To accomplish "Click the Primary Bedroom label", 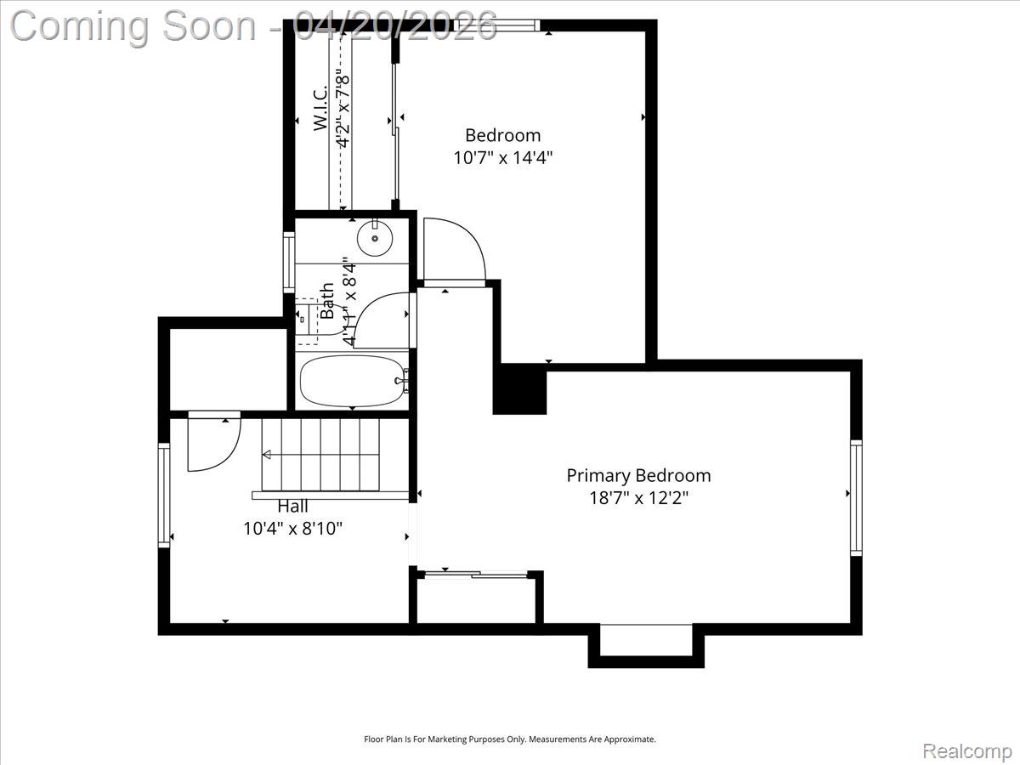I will click(638, 475).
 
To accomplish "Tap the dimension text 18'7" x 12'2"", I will click(638, 497).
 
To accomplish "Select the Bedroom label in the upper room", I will click(502, 134).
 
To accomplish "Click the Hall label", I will click(292, 507).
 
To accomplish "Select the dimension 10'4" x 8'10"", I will click(292, 528).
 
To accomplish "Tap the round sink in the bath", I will click(374, 238).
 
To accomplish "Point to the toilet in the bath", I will click(312, 321).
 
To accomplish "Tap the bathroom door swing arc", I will click(381, 320).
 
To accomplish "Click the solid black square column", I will click(519, 389).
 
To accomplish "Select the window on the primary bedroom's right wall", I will click(856, 497).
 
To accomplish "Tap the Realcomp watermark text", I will click(967, 751).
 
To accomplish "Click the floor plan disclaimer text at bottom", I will click(510, 739).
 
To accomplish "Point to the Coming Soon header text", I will click(253, 25).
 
